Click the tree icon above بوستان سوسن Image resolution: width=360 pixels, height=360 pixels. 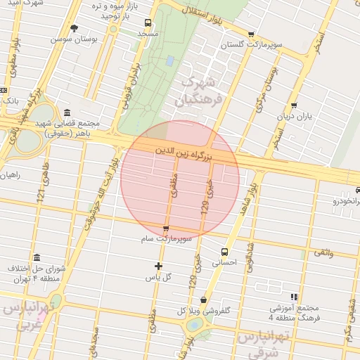click(74, 28)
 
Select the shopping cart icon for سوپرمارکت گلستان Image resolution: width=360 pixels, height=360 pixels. click(252, 34)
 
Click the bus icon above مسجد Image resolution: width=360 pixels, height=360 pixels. click(148, 23)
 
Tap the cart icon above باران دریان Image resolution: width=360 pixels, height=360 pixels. click(293, 105)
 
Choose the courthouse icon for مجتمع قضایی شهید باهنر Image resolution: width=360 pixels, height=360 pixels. click(67, 113)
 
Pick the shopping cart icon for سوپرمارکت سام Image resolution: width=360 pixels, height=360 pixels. click(166, 229)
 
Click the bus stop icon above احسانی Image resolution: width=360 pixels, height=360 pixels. click(224, 252)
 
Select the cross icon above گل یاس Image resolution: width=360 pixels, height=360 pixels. click(158, 266)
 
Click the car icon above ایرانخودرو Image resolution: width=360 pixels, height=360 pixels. click(355, 191)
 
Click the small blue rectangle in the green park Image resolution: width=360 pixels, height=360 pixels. click(169, 61)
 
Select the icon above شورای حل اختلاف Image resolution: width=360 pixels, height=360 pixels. click(37, 257)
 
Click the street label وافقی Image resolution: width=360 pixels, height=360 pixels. click(322, 251)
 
